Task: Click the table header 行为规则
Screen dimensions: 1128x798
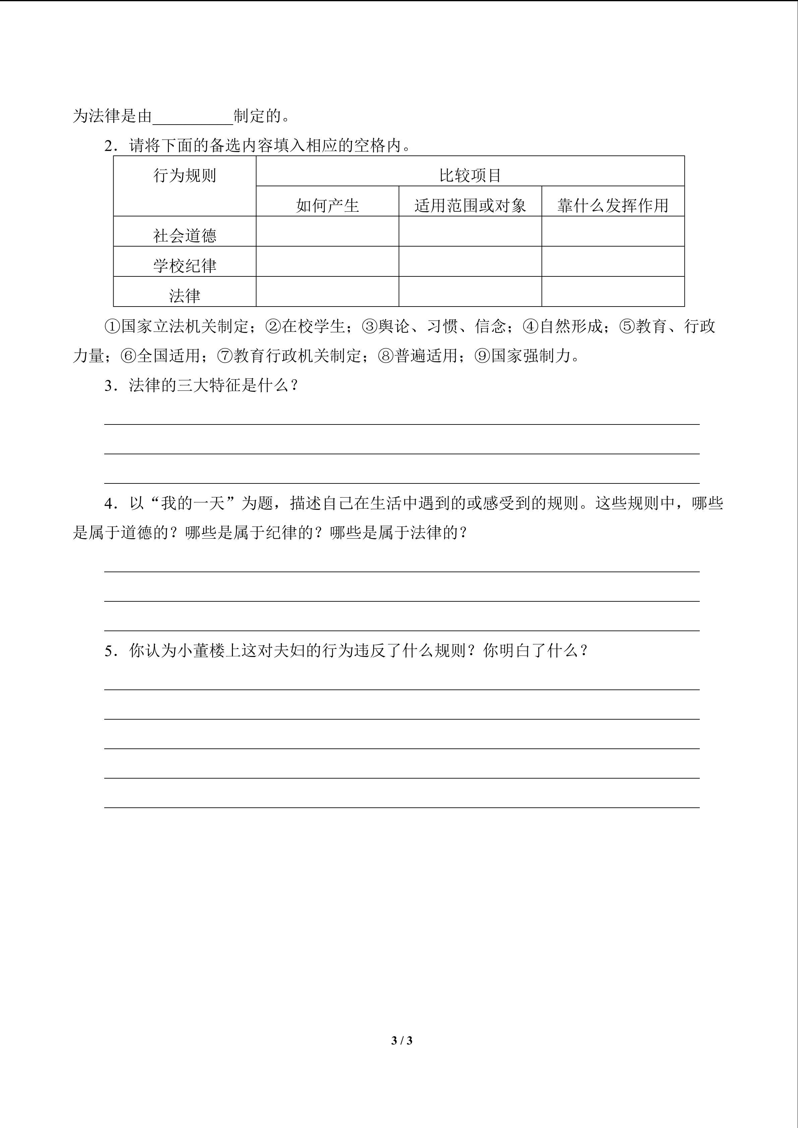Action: [x=185, y=176]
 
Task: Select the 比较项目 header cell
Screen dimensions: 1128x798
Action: [x=470, y=176]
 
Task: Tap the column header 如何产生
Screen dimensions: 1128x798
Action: [x=327, y=205]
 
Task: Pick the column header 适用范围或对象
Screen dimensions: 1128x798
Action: [x=470, y=205]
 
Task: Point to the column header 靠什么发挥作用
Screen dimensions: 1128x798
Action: [x=613, y=205]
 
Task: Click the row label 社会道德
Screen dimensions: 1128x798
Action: [x=185, y=236]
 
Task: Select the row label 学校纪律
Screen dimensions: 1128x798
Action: [x=185, y=266]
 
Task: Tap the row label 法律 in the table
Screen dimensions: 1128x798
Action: [x=185, y=296]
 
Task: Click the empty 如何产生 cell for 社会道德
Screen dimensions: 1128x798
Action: [x=327, y=231]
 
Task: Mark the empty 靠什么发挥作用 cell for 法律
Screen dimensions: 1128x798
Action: [x=613, y=291]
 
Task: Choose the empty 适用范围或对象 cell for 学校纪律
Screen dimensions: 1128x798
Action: [x=470, y=261]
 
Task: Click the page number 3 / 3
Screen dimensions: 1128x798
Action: [x=402, y=1040]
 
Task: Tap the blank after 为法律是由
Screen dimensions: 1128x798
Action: [x=193, y=117]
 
